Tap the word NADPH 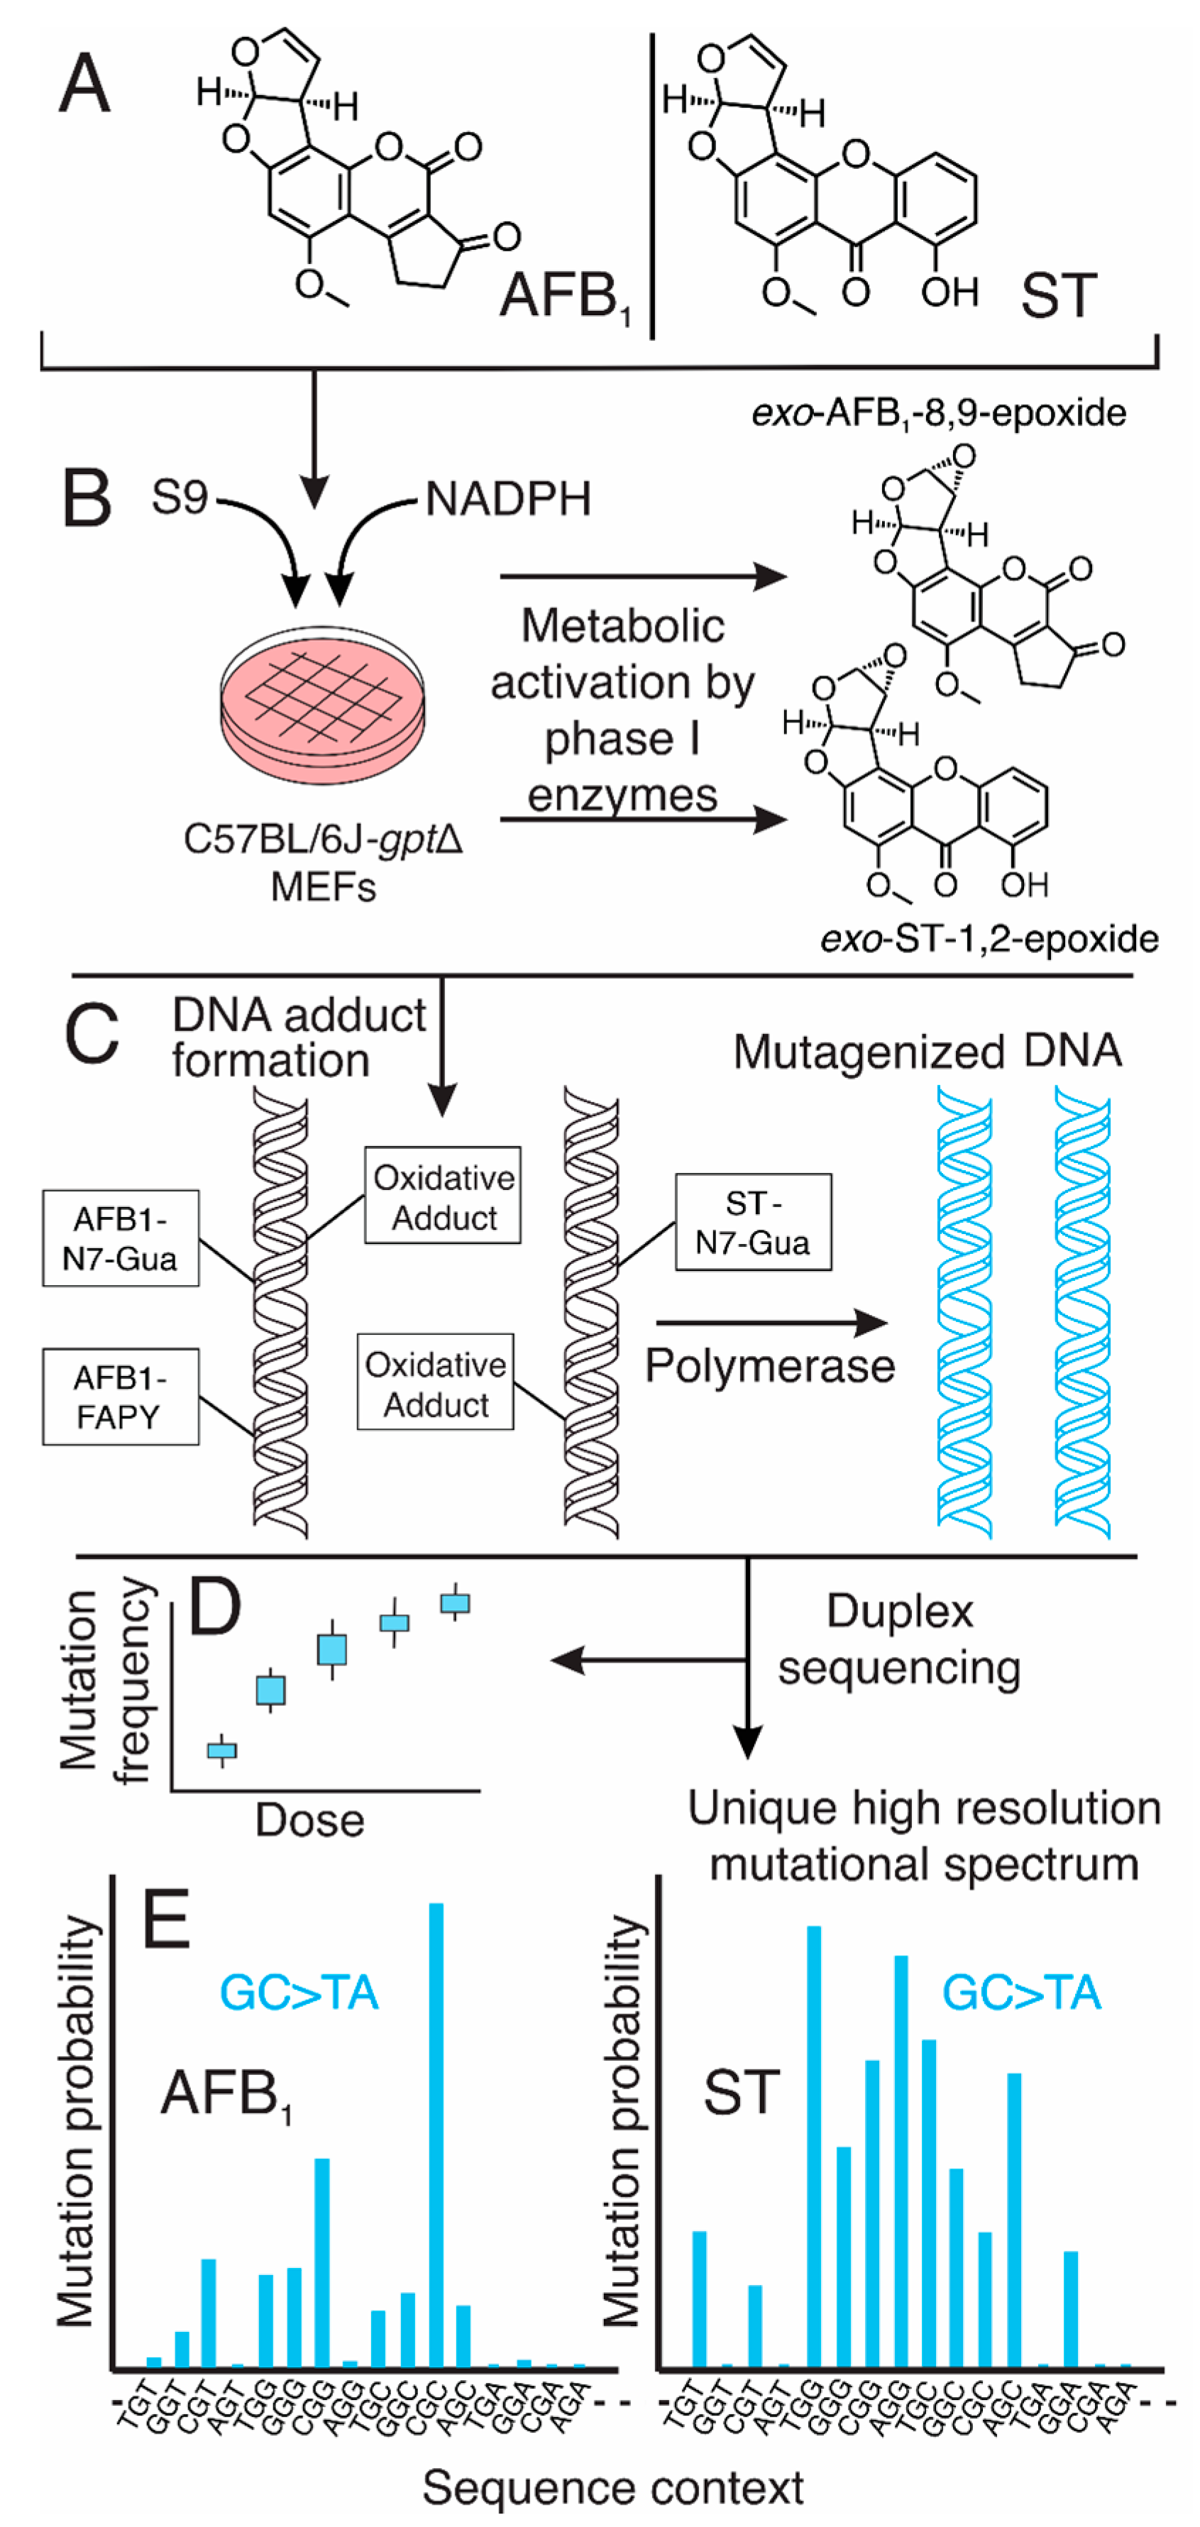pos(508,500)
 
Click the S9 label pos(180,497)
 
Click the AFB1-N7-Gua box pos(121,1238)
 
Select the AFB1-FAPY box pos(121,1397)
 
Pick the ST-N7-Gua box pos(753,1222)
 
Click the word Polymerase pos(769,1365)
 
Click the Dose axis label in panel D pos(310,1821)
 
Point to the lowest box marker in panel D pos(223,1750)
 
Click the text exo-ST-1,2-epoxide pos(989,939)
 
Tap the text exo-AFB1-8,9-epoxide pos(938,413)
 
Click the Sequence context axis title pos(612,2488)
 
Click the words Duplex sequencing pos(899,1639)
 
